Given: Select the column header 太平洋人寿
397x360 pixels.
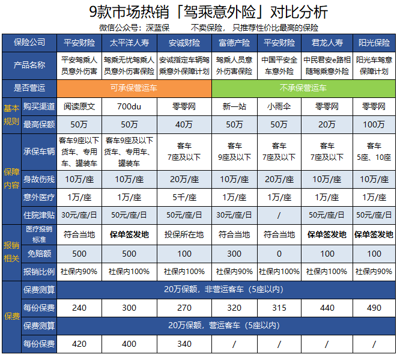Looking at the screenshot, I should (x=130, y=43).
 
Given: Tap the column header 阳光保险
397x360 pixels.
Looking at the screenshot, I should (x=374, y=43).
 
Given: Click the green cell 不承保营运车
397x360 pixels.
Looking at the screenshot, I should (x=303, y=88).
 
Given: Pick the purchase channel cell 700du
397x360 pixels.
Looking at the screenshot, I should (x=130, y=106).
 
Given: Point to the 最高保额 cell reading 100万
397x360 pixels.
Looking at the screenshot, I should (x=374, y=124).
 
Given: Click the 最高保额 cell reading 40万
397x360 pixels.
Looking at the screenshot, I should (x=184, y=124).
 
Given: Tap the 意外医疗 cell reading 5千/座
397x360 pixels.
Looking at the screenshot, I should (x=184, y=197).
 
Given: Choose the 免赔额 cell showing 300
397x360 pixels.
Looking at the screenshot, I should (x=234, y=254).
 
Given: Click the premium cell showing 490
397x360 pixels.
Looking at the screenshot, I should (x=374, y=308).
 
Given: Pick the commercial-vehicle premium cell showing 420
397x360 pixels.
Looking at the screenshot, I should (x=79, y=344).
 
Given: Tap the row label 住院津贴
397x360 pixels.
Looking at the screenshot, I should (x=39, y=215).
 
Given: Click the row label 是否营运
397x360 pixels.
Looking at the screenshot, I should (x=29, y=88).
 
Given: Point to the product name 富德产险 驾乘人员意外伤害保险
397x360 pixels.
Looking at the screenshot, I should (x=234, y=66).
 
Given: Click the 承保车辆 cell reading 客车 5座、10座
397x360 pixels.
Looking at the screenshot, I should (x=374, y=151).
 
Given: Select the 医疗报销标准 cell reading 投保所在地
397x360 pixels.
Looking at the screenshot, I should (x=184, y=234).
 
